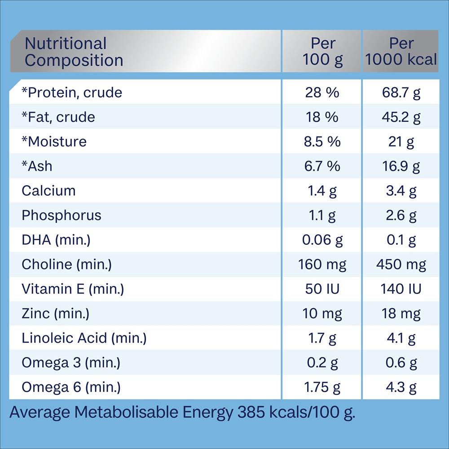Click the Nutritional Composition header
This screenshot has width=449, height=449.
(74, 52)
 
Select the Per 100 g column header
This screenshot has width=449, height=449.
(322, 52)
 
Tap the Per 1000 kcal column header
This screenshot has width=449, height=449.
(401, 52)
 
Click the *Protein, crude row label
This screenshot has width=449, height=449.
(72, 92)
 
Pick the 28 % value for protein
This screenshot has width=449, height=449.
(322, 92)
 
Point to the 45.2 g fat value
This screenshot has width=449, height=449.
(401, 117)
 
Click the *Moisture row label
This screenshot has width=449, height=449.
(54, 141)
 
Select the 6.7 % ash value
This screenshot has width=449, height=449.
(322, 166)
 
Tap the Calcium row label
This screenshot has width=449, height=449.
(48, 190)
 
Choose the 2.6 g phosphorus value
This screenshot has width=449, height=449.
(401, 215)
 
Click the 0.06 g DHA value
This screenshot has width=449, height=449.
(322, 240)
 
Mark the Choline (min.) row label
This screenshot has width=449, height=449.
(66, 264)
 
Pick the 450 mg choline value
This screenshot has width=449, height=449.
(401, 264)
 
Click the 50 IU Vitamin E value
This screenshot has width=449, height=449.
(322, 289)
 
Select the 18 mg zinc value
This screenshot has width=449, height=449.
(401, 313)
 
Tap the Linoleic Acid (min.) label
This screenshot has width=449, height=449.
(84, 338)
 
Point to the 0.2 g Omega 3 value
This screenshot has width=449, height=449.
(322, 362)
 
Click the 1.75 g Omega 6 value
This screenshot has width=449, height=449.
(322, 387)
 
